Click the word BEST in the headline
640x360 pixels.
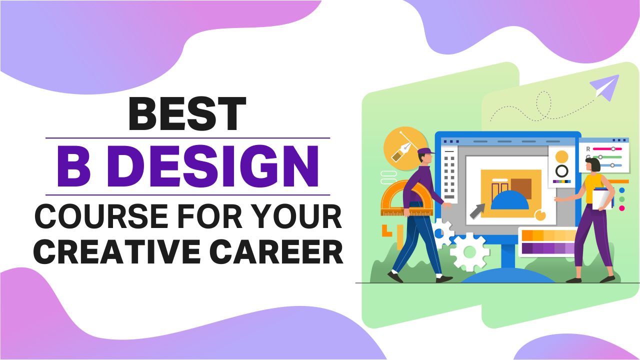click(187, 113)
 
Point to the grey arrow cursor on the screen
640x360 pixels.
click(477, 211)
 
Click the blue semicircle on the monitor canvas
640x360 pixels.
click(510, 200)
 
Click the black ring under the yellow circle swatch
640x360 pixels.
click(562, 171)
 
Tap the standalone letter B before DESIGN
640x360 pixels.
click(77, 166)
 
